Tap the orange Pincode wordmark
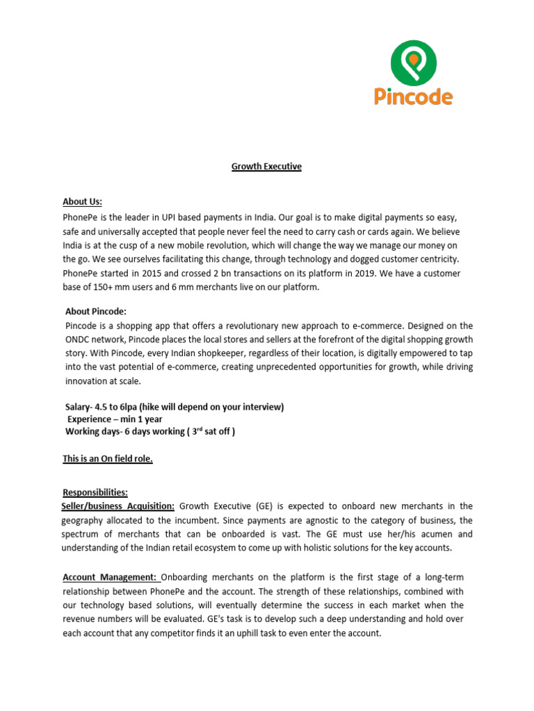pyautogui.click(x=413, y=97)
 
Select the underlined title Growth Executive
pyautogui.click(x=266, y=167)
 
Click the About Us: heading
pyautogui.click(x=82, y=202)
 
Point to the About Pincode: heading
pyautogui.click(x=96, y=312)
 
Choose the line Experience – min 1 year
pyautogui.click(x=115, y=419)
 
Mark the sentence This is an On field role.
pyautogui.click(x=108, y=459)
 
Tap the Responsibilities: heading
pyautogui.click(x=95, y=492)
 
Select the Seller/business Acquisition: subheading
pyautogui.click(x=118, y=506)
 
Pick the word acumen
pyautogui.click(x=439, y=534)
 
